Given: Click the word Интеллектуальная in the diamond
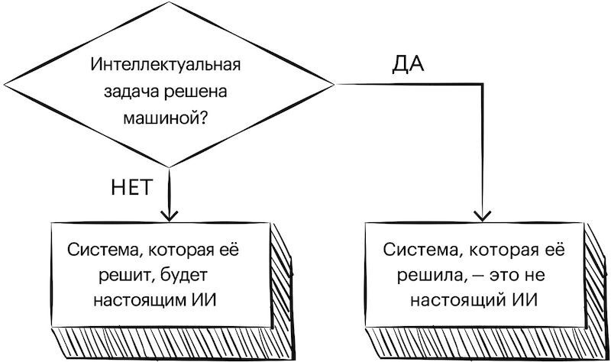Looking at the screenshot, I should pyautogui.click(x=165, y=65).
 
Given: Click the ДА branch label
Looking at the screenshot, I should pyautogui.click(x=408, y=64).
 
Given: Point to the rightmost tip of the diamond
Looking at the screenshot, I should pyautogui.click(x=331, y=82).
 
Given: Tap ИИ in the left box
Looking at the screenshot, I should pyautogui.click(x=206, y=299).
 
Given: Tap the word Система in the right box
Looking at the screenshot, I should pyautogui.click(x=419, y=249).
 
